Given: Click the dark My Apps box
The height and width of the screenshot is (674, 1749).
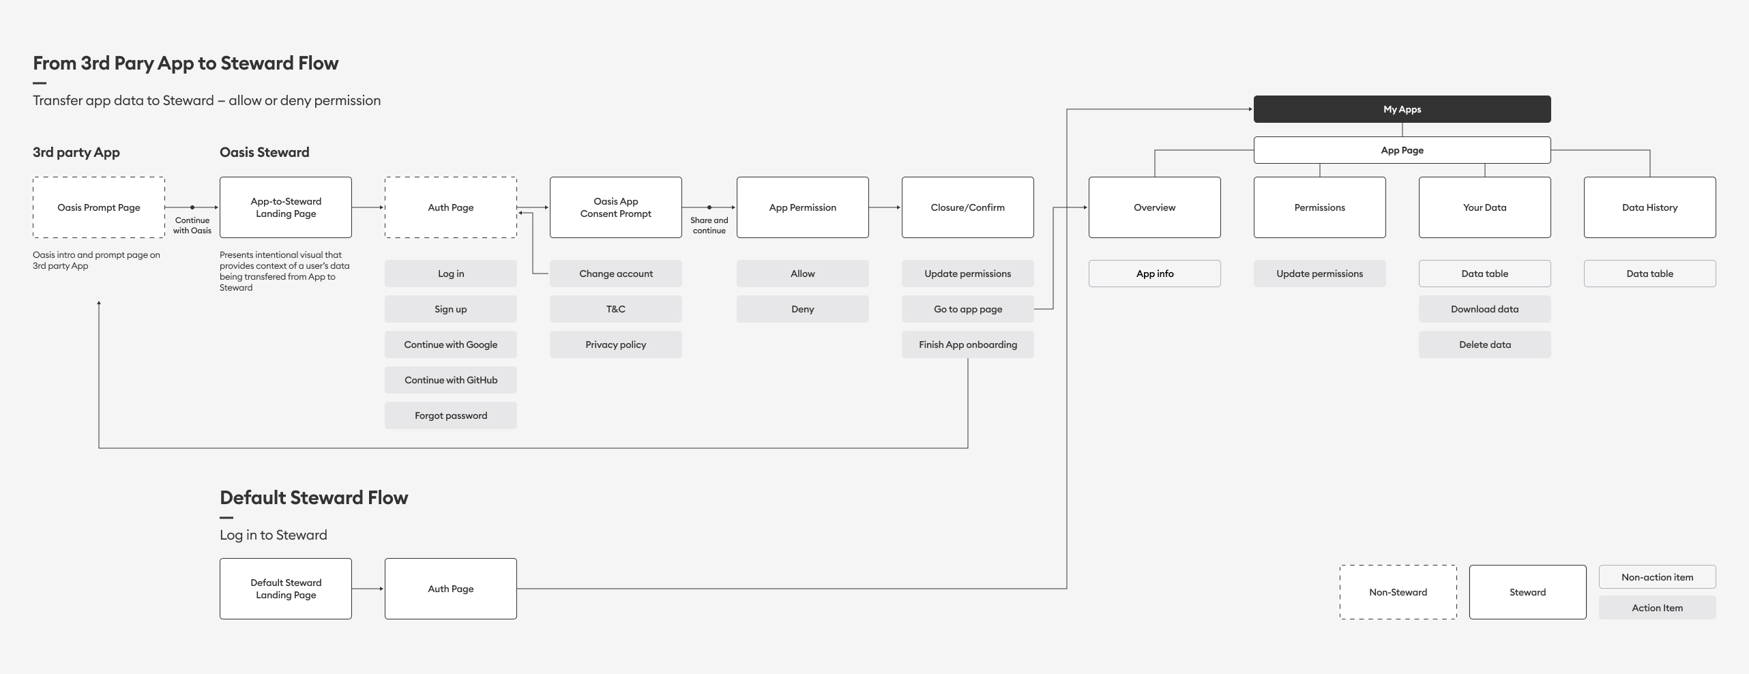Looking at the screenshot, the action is coord(1402,109).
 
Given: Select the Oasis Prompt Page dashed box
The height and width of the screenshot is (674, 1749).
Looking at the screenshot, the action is coord(99,207).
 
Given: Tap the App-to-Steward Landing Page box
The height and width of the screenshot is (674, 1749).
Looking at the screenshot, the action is coord(286,207).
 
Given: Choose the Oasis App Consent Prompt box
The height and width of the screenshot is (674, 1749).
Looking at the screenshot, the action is coord(616,207).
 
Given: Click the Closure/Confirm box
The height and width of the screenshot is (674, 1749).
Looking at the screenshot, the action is coord(968,207).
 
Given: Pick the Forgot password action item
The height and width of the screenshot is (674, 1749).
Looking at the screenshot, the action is coord(451,415).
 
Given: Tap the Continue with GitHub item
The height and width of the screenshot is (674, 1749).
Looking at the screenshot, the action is coord(451,380).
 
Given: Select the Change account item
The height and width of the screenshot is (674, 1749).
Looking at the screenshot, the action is coord(616,274).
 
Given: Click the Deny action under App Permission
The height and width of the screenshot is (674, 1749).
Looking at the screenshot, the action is coord(803,309).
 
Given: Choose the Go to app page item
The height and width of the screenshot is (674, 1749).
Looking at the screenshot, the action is coord(968,309).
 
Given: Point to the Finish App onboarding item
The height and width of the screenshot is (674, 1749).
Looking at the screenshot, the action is coord(968,345).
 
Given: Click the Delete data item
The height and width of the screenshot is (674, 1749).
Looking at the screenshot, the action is coord(1485,345).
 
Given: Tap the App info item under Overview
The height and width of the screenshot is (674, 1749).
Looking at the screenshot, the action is coord(1155,274).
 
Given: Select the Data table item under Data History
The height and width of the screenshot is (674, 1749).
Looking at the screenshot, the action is coord(1650,274).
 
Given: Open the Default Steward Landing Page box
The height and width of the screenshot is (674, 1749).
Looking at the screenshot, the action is coord(286,589).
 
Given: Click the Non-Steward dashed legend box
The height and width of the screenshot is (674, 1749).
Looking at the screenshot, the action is coord(1398,592).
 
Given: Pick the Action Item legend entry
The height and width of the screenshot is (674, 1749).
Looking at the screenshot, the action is coord(1658,608).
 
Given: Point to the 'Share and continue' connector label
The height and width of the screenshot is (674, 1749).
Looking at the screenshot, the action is coord(709,225).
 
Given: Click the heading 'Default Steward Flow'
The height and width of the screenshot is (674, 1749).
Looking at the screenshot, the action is coord(314,498).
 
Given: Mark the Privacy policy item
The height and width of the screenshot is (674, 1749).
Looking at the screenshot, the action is coord(616,345).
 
